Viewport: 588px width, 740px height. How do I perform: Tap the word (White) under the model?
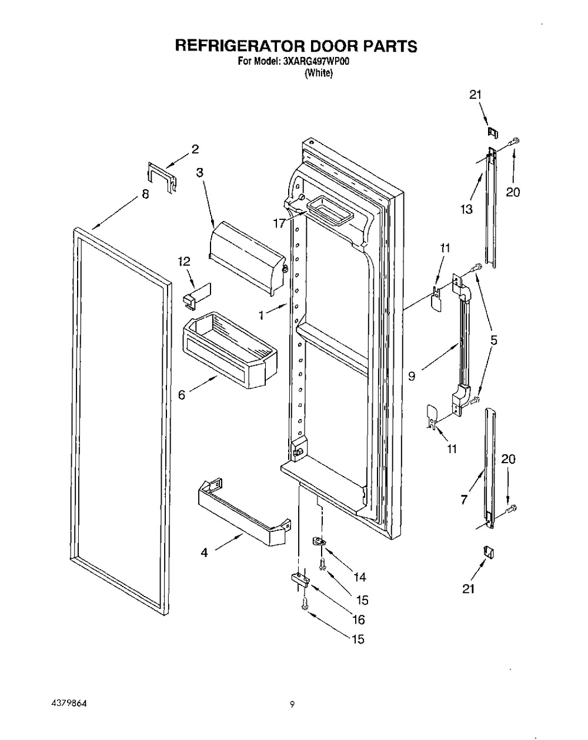(319, 73)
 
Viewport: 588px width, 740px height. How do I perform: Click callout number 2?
(195, 149)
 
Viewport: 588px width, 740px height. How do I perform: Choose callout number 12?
(185, 261)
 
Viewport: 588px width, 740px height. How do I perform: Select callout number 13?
(466, 210)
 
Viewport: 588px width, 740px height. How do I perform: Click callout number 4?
(204, 553)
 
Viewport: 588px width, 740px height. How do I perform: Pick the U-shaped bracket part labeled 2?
(161, 175)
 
